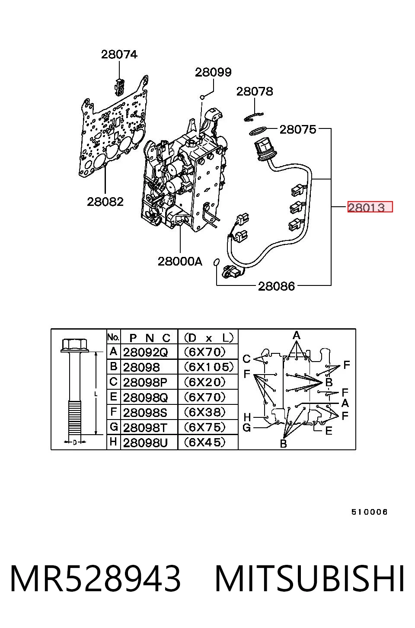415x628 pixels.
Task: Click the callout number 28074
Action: (119, 54)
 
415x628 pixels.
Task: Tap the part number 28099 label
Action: (213, 72)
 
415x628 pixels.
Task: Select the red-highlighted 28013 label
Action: (370, 207)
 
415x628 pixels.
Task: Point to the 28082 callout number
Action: (105, 202)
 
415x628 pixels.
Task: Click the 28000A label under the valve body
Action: (180, 261)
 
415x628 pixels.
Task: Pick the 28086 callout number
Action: (276, 286)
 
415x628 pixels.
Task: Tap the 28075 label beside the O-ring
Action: (298, 129)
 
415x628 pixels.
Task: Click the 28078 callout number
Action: (255, 91)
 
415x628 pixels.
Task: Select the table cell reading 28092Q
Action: (145, 352)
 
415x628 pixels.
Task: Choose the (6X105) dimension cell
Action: (209, 367)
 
